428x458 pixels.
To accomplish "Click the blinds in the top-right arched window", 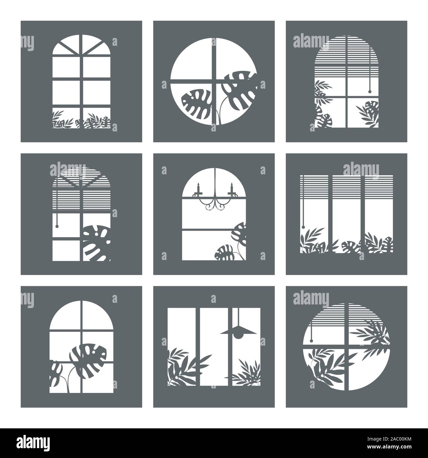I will (346, 56).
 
